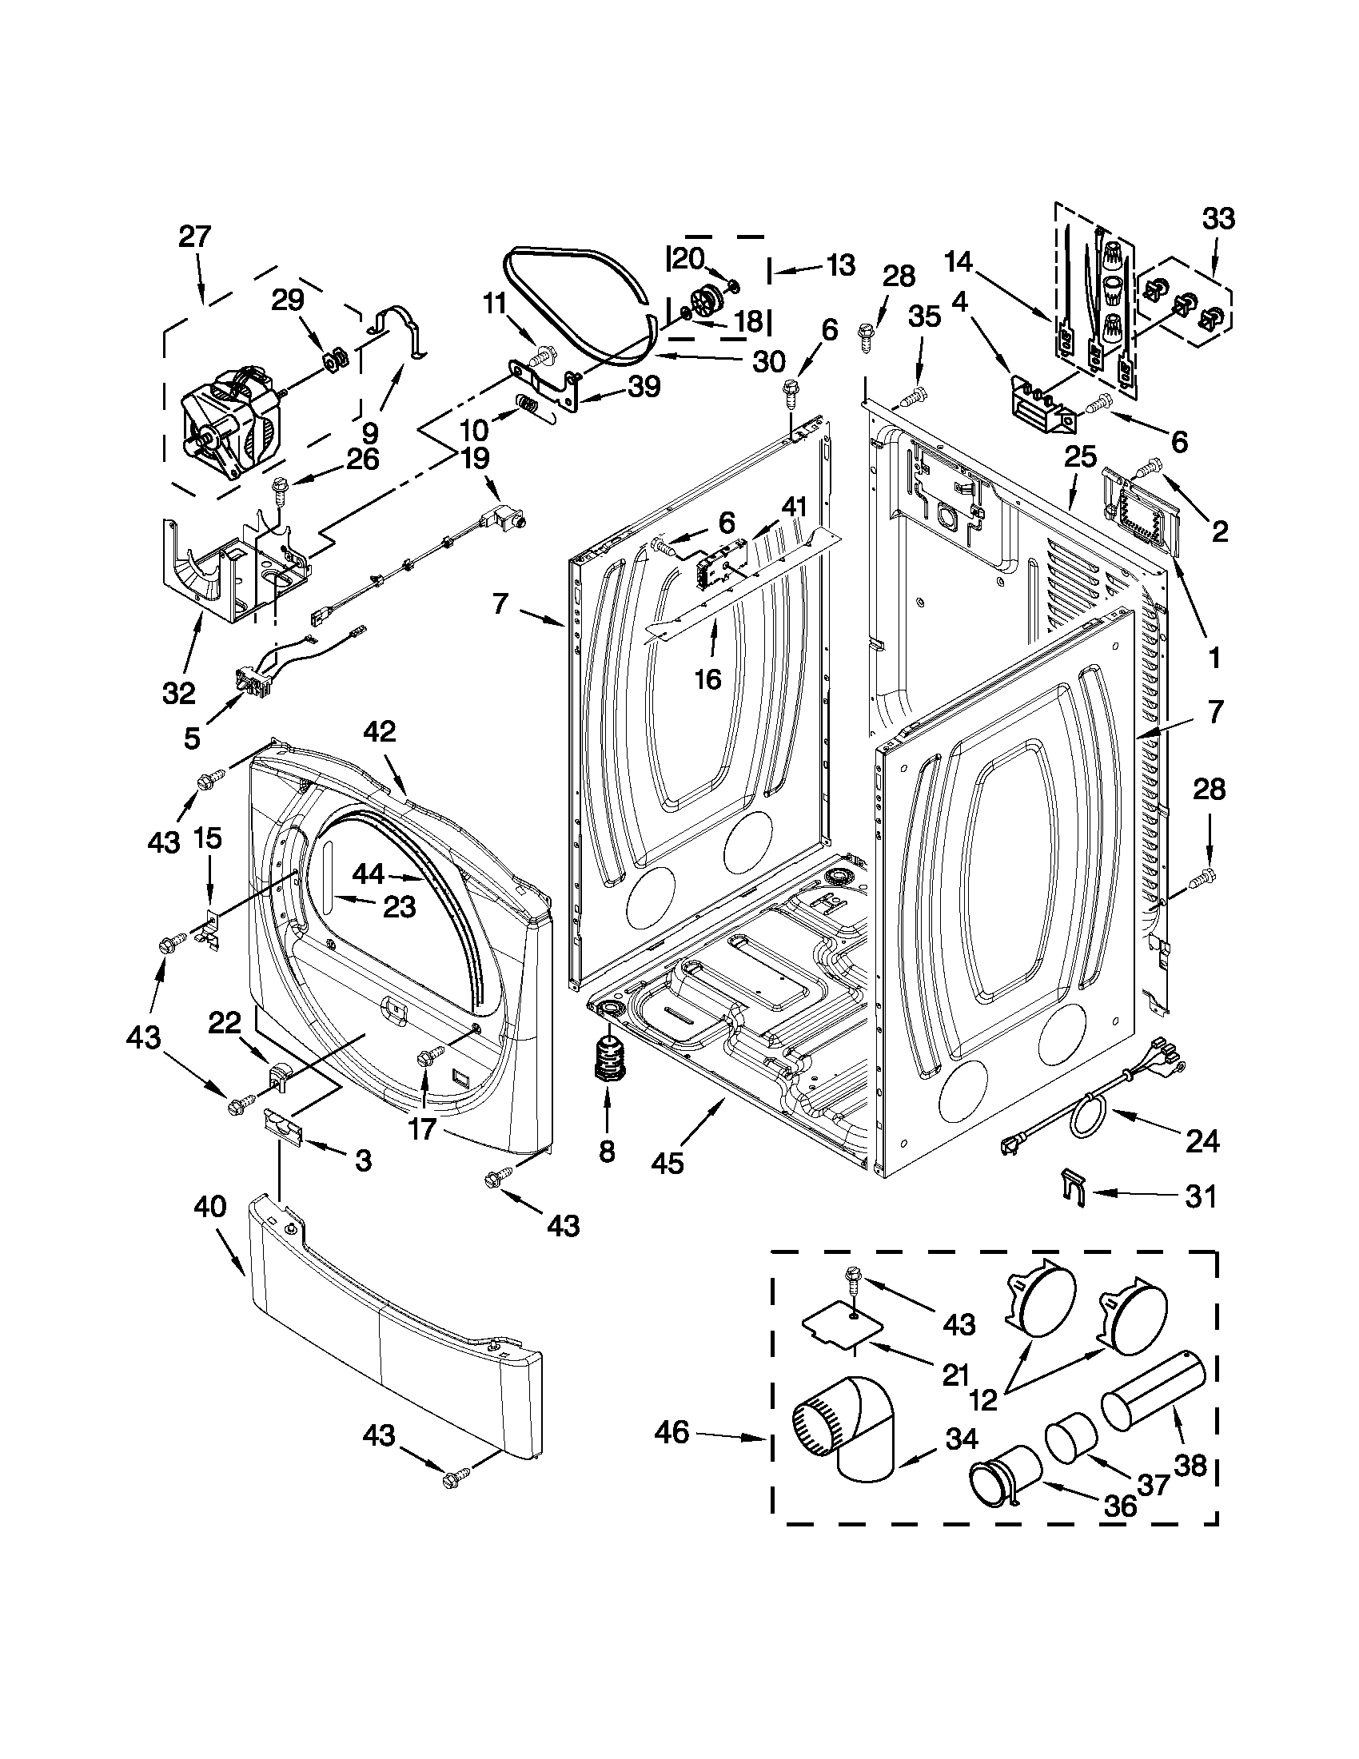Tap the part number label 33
(1218, 218)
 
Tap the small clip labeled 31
(1074, 1187)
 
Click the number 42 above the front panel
(380, 731)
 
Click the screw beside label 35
(911, 396)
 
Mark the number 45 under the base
(667, 1162)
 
